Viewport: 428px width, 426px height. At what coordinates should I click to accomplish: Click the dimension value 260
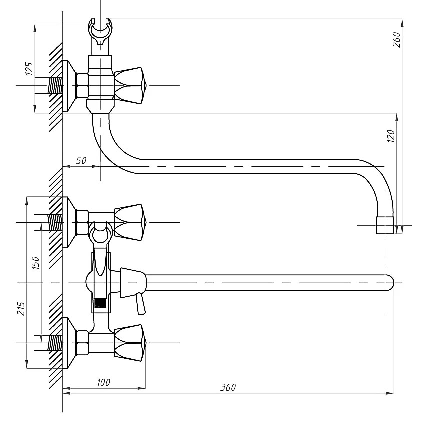(x=397, y=40)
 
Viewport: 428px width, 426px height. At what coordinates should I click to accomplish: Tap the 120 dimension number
(x=391, y=136)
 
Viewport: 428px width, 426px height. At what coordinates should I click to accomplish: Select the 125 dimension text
(x=29, y=69)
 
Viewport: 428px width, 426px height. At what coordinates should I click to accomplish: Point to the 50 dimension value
(x=81, y=161)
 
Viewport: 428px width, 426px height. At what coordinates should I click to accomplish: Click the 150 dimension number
(x=36, y=263)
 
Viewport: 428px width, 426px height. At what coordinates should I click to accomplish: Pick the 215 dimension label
(x=21, y=309)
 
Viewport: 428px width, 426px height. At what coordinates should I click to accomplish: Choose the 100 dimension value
(x=103, y=382)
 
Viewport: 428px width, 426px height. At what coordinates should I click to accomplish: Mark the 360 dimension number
(x=228, y=387)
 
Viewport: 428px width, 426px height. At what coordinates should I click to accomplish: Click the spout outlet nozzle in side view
(x=385, y=225)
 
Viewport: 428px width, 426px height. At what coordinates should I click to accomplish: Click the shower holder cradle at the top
(x=101, y=32)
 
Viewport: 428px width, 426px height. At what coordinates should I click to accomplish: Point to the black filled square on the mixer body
(x=100, y=303)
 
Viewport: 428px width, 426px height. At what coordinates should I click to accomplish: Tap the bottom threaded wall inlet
(x=55, y=343)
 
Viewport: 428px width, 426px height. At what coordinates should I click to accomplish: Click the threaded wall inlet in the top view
(x=55, y=86)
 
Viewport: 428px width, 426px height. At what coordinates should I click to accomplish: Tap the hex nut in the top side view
(x=82, y=86)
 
